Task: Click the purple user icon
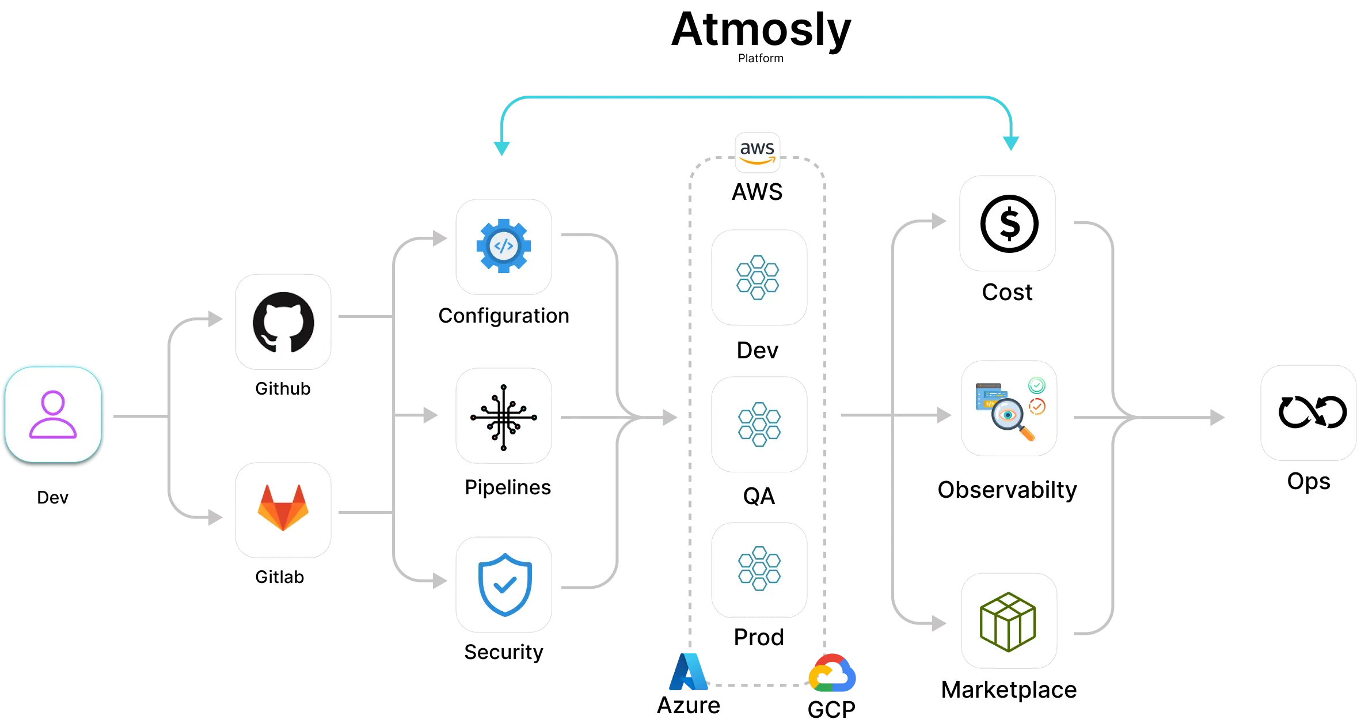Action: point(53,414)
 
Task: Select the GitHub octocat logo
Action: point(283,322)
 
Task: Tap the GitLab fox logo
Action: point(283,508)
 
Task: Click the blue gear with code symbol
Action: point(504,246)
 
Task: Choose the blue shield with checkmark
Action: point(505,585)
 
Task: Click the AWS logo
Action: point(757,152)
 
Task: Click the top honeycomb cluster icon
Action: point(758,278)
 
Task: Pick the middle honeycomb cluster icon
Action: point(759,425)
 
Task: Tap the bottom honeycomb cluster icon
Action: point(759,569)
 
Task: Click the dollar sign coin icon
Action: point(1009,224)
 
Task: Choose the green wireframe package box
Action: point(1008,622)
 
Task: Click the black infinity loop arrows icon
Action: point(1312,412)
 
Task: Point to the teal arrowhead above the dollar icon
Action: point(1011,142)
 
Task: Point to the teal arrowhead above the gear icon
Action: point(501,147)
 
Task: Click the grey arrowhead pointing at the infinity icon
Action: point(1215,417)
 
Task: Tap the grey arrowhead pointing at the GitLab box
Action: point(215,517)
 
